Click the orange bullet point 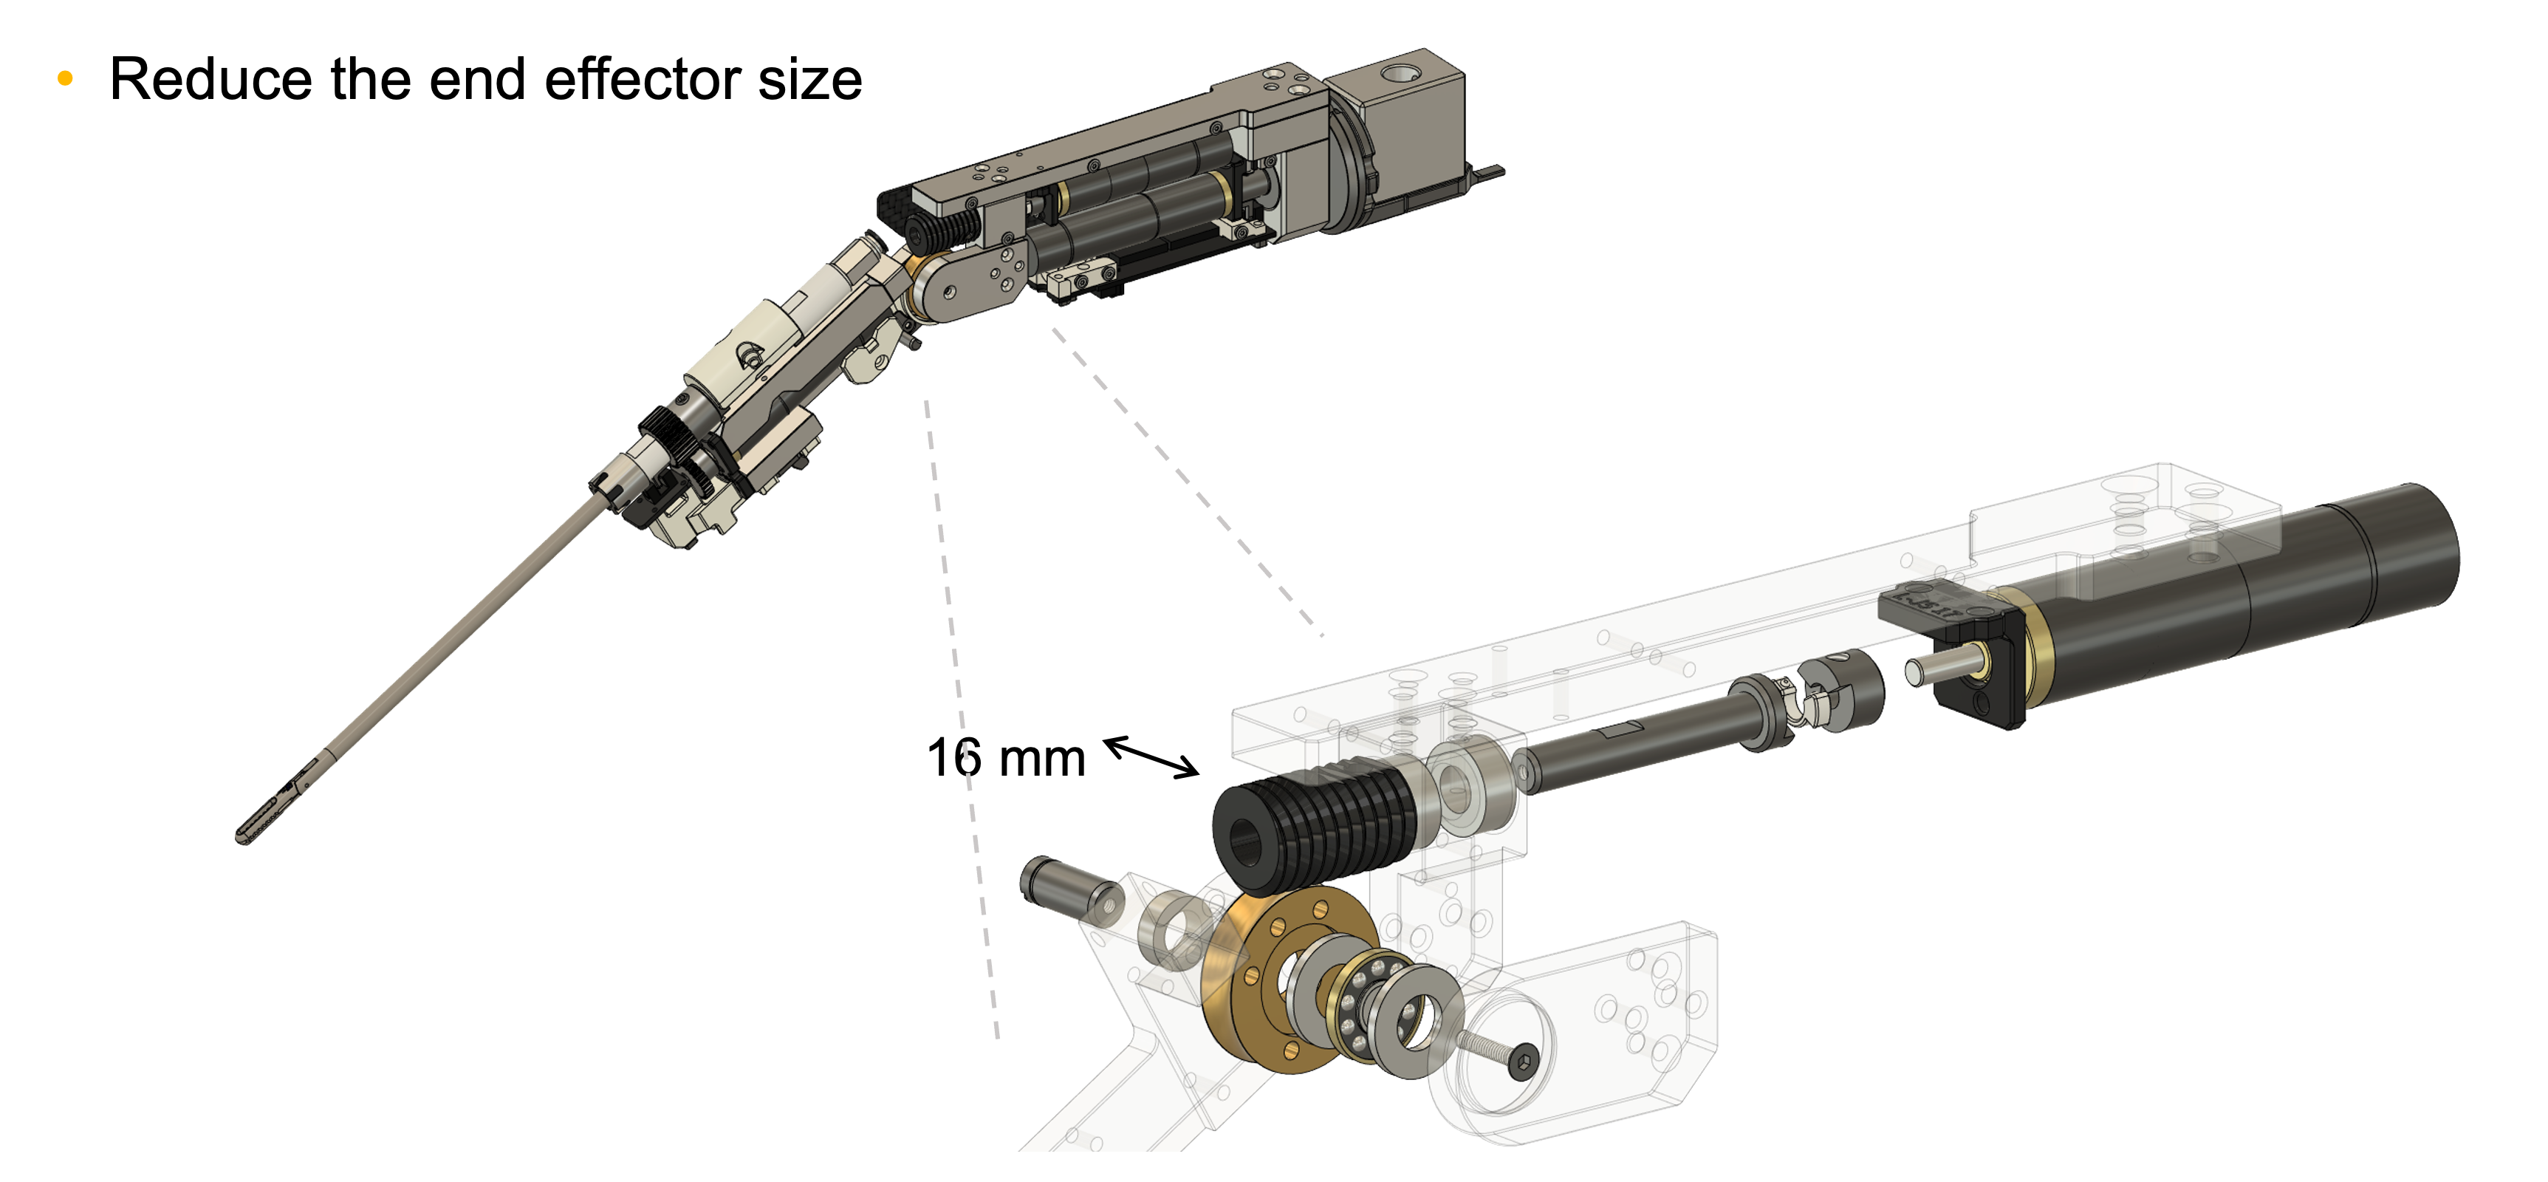(x=65, y=79)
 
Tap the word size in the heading (x=810, y=79)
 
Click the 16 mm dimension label (x=1005, y=759)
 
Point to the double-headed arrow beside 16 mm (x=1151, y=756)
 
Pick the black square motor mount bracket (x=1953, y=653)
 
